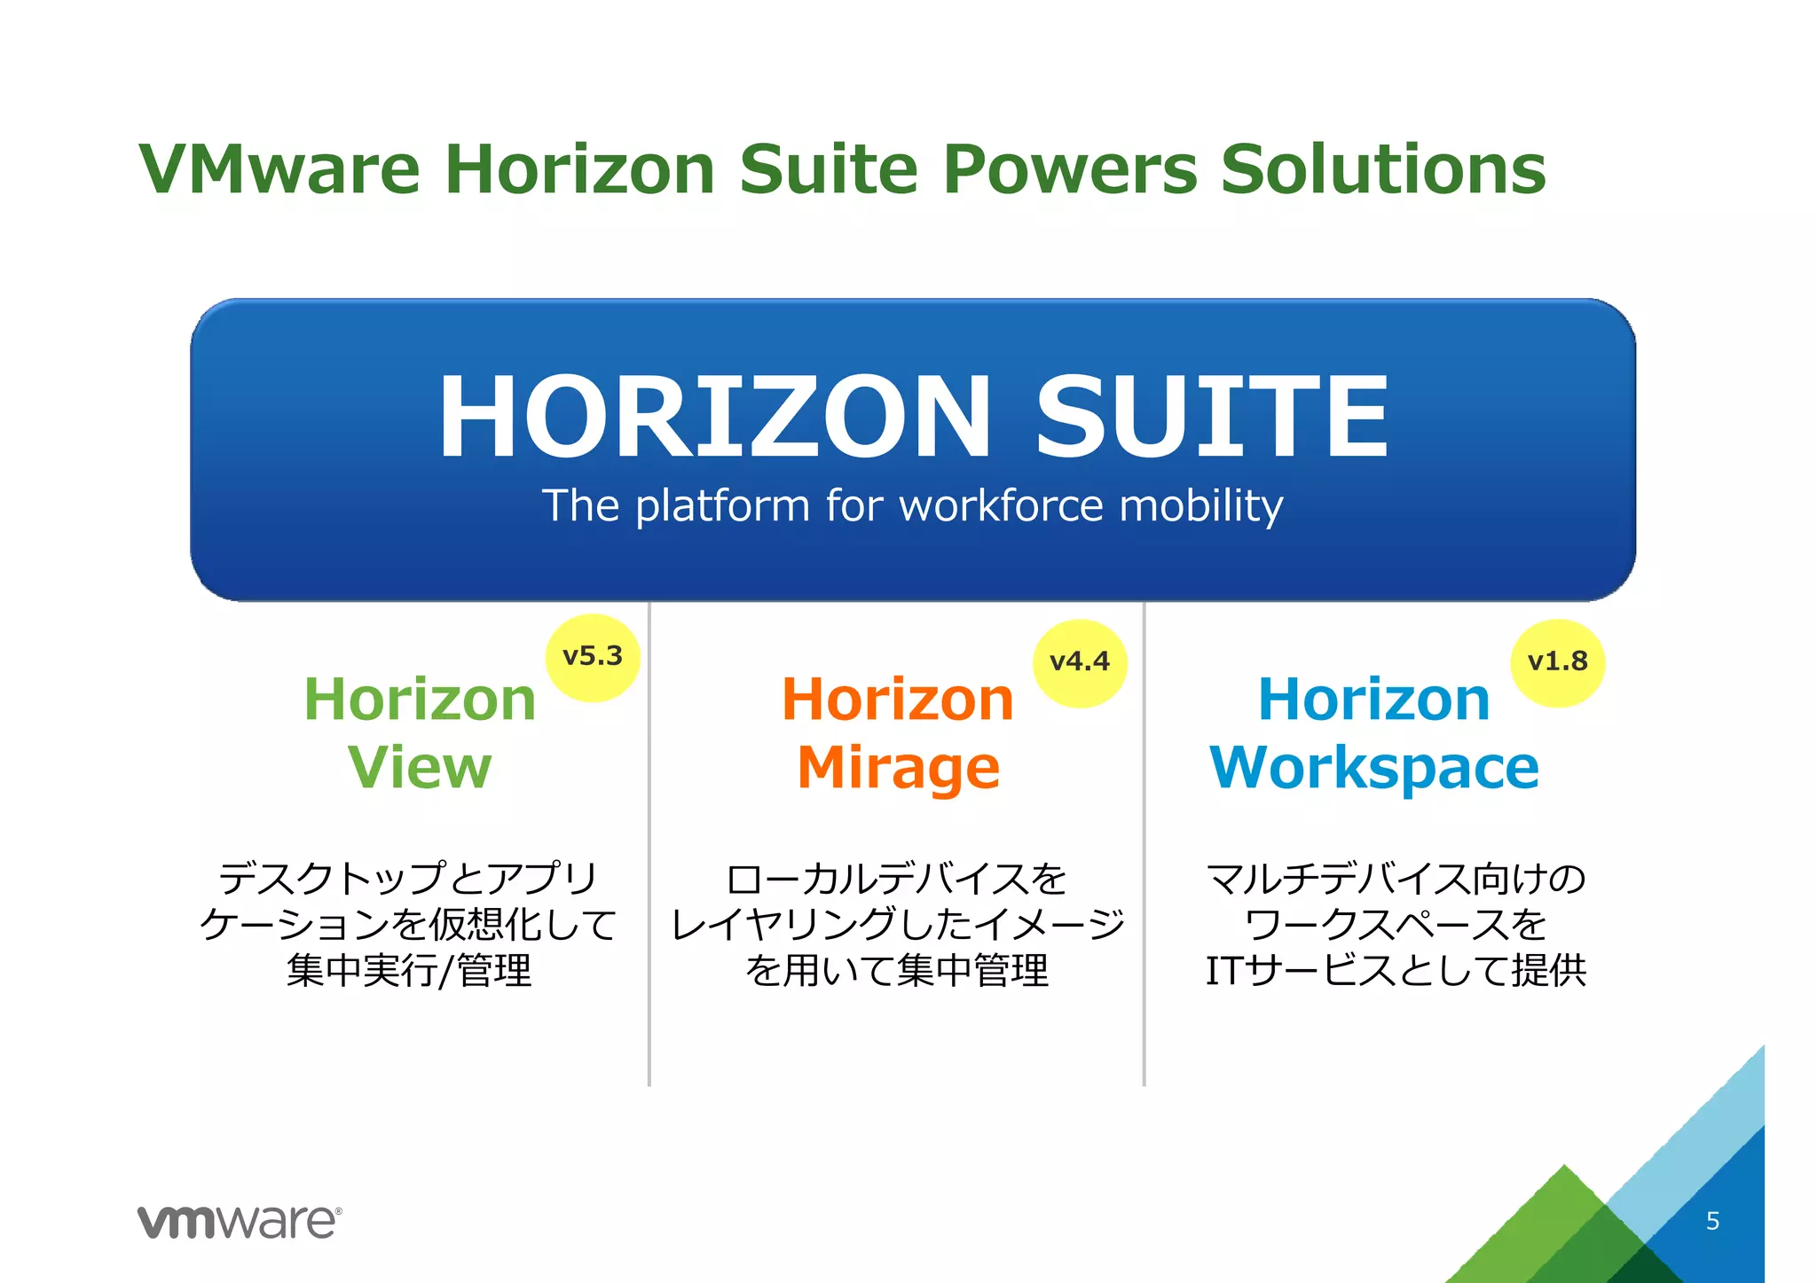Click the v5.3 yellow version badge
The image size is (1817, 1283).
(x=593, y=657)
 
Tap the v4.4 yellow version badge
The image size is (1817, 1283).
(x=1080, y=662)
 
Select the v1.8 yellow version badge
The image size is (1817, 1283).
(x=1557, y=662)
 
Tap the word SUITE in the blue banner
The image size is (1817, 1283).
(x=1211, y=417)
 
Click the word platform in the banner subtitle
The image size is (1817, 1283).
(x=722, y=507)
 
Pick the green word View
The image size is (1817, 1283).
(x=420, y=767)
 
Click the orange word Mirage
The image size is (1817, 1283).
(x=898, y=768)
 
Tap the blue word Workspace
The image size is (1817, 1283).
(x=1374, y=768)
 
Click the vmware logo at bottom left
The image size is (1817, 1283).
(x=239, y=1222)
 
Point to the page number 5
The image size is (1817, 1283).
(x=1712, y=1221)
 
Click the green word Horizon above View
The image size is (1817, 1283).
(x=420, y=700)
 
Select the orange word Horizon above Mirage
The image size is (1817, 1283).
(x=897, y=700)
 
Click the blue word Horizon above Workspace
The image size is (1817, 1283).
(x=1373, y=700)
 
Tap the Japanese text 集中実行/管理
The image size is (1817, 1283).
(x=409, y=970)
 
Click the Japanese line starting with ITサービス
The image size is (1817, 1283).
(x=1396, y=970)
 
